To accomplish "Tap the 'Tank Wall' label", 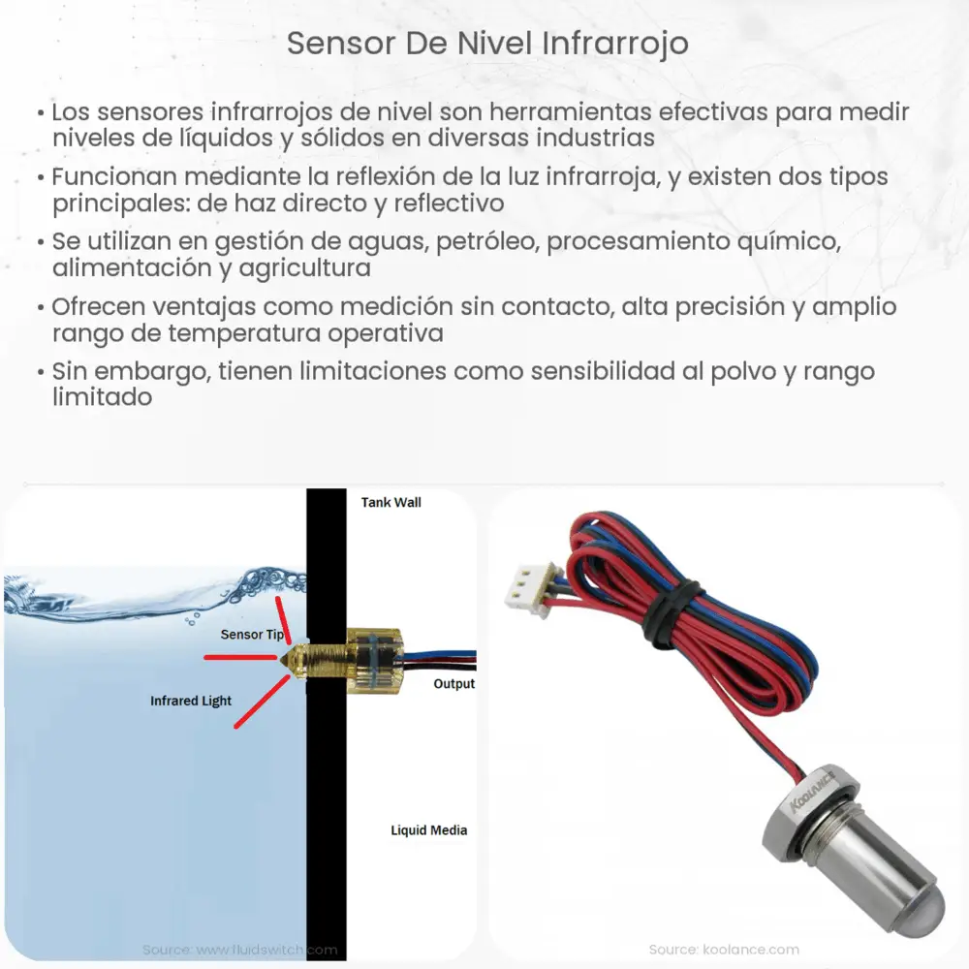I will pyautogui.click(x=391, y=502).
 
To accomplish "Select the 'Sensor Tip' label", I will pyautogui.click(x=252, y=635).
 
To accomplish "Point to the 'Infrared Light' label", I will pyautogui.click(x=191, y=701).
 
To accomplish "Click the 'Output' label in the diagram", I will pyautogui.click(x=453, y=684).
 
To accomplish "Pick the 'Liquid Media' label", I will pyautogui.click(x=428, y=830).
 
